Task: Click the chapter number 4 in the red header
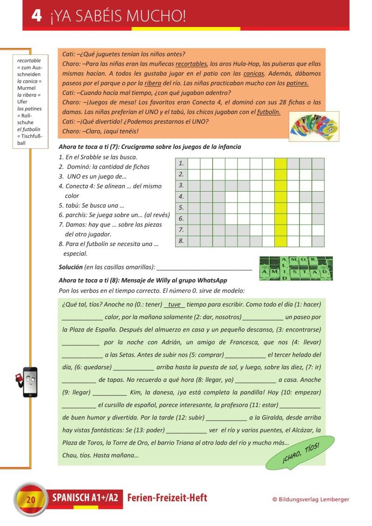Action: pos(37,16)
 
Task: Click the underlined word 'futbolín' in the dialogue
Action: pos(268,112)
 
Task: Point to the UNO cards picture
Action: pos(314,126)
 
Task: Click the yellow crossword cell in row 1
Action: pos(281,164)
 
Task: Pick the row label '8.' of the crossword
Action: pos(181,241)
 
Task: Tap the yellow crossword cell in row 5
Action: pos(281,208)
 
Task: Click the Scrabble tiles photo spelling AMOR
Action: pos(295,268)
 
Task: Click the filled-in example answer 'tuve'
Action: pos(174,305)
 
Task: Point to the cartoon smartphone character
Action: pos(29,382)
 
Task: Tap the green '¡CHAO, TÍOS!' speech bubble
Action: pos(300,453)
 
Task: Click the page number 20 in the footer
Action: pos(31,500)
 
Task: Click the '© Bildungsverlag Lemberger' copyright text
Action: pos(311,499)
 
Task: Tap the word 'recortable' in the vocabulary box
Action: pos(29,60)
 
